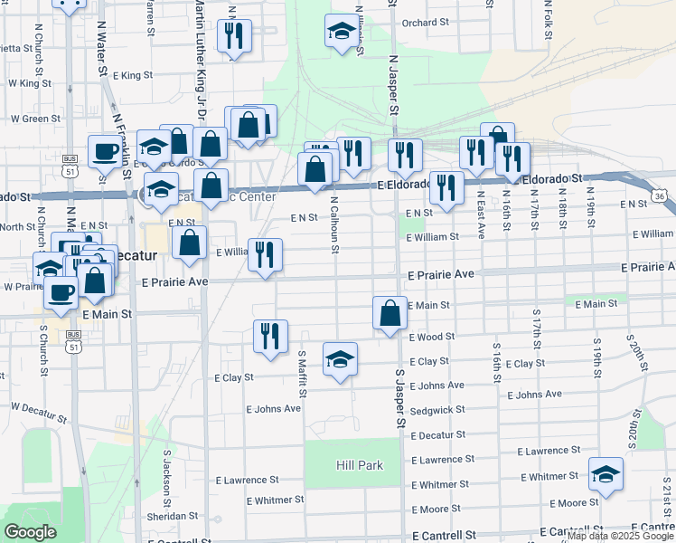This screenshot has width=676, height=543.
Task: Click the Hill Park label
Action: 360,465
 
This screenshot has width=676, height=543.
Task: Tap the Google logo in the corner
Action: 31,532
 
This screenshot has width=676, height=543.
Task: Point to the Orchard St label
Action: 426,23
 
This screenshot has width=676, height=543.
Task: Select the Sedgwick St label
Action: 437,409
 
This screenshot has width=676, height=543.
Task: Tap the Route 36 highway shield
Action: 661,195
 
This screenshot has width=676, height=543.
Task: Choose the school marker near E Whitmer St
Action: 606,475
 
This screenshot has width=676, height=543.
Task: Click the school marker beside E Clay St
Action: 340,360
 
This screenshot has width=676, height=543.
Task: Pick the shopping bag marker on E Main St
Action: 390,314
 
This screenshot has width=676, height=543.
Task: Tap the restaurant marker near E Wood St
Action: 270,337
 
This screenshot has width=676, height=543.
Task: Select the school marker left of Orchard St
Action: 340,30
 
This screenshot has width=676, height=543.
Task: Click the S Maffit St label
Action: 303,374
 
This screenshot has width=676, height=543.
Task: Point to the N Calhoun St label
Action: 334,226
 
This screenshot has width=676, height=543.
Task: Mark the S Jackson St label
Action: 167,479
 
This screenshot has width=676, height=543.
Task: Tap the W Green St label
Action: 34,119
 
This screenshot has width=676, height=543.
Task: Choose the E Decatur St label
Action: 437,435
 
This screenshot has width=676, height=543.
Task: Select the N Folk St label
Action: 549,13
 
